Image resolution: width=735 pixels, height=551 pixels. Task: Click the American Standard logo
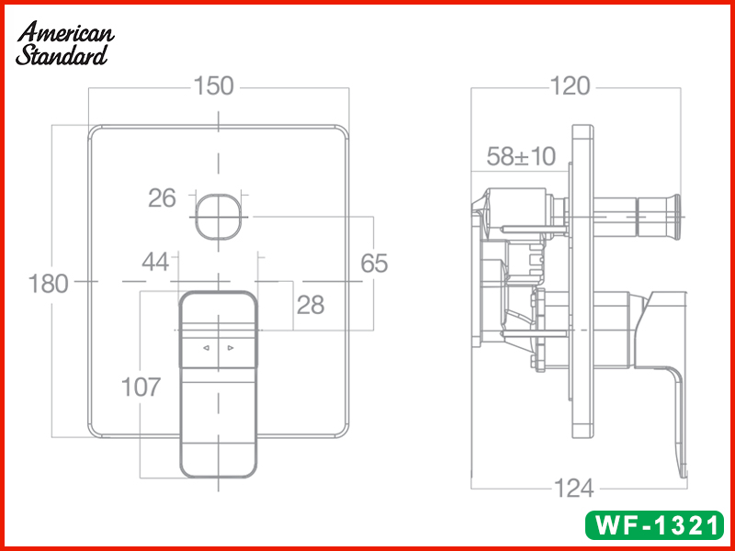click(x=64, y=43)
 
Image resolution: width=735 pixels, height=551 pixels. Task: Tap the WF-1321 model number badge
click(x=655, y=524)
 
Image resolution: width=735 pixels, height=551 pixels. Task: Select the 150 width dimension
click(x=213, y=86)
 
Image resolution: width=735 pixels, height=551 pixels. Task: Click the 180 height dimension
click(x=49, y=284)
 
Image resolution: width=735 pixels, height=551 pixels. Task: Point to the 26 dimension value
click(x=162, y=198)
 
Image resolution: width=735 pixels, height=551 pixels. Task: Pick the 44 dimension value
click(x=155, y=262)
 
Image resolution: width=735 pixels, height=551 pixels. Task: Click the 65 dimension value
click(x=374, y=264)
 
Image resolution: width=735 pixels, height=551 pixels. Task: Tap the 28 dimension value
click(x=311, y=305)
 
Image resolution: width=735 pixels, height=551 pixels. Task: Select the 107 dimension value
click(x=141, y=387)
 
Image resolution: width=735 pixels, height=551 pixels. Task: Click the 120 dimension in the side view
click(x=570, y=86)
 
